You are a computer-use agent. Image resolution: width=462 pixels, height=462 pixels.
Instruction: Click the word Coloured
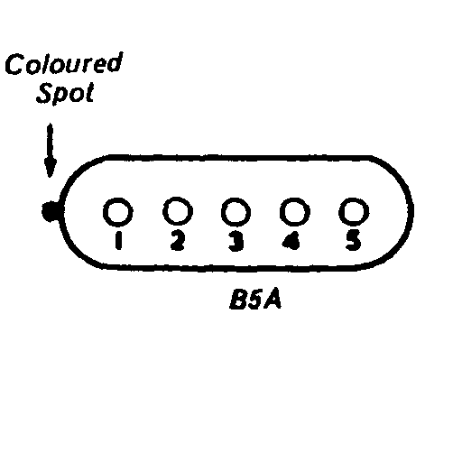tap(64, 63)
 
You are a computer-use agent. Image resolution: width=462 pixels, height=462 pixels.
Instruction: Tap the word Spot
tap(65, 93)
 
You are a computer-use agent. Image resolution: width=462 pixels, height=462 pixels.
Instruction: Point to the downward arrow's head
tap(51, 168)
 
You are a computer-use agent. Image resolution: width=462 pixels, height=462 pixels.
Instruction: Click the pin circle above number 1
tap(117, 212)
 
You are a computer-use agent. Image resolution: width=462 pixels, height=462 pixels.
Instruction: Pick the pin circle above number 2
tap(178, 211)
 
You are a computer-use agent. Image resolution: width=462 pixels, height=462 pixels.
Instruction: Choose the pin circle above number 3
tap(236, 212)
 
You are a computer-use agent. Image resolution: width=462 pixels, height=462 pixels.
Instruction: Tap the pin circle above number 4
tap(294, 212)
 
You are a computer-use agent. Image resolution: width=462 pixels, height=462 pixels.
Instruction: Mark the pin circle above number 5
tap(354, 212)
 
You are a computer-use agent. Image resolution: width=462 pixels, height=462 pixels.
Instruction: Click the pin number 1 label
tap(118, 240)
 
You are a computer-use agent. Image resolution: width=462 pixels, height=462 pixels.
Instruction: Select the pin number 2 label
tap(178, 240)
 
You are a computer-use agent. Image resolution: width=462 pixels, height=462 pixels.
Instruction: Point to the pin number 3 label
tap(236, 241)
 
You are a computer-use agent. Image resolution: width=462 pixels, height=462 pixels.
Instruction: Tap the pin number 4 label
tap(291, 241)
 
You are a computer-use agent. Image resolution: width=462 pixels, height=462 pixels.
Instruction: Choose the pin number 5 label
tap(353, 241)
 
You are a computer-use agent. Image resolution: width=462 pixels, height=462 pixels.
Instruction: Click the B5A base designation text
tap(255, 300)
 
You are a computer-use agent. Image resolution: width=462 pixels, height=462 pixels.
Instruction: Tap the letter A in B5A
tap(273, 300)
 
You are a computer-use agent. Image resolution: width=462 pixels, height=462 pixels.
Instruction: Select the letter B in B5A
tap(237, 300)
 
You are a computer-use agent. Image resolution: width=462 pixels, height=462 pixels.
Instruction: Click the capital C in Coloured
tap(14, 64)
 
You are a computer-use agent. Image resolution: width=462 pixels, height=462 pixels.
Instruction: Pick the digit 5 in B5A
tap(254, 300)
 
